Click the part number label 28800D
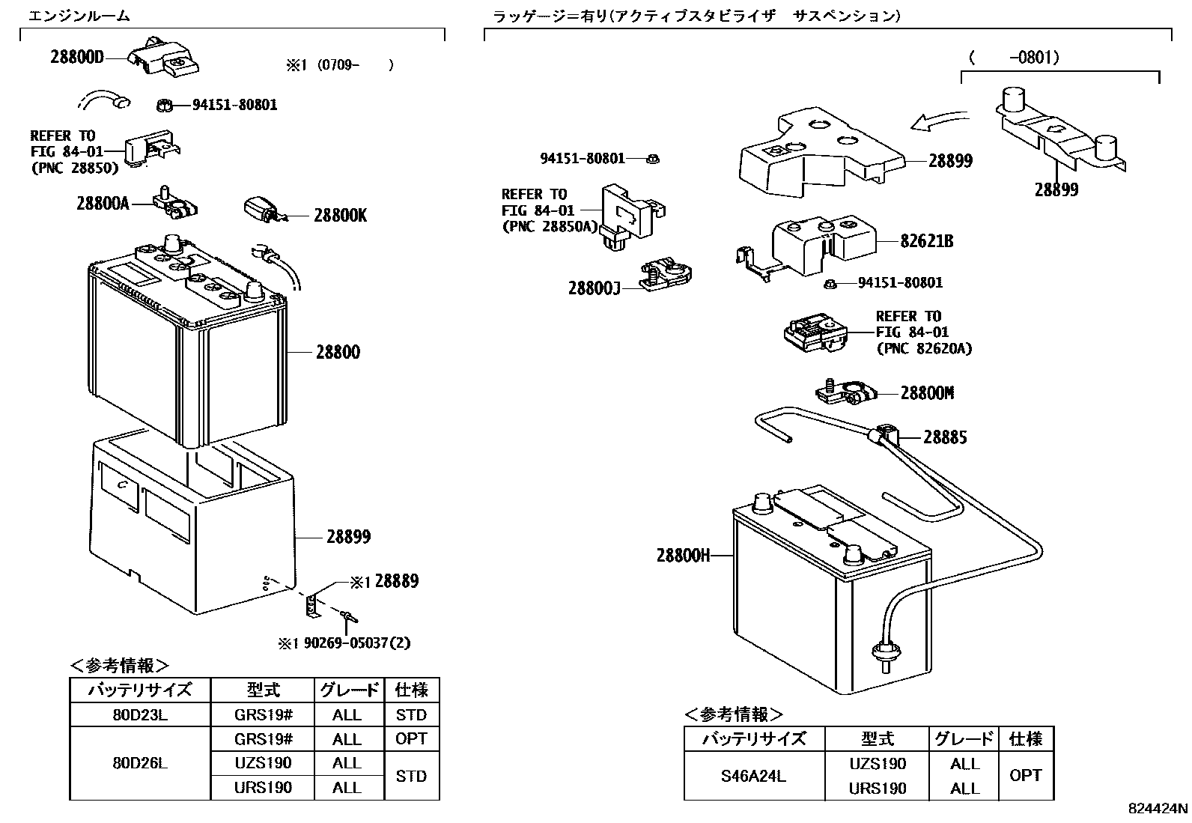pos(77,57)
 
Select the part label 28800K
pos(340,216)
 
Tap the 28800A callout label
pos(103,203)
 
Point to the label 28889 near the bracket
pos(396,581)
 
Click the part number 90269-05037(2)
pos(354,643)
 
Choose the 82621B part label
pos(927,241)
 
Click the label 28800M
pos(927,393)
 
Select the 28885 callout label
pos(944,437)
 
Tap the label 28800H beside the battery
pos(683,555)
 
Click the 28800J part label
pos(595,288)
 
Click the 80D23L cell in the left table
pos(140,714)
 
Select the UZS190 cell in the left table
pos(263,763)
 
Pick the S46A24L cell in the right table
pos(753,776)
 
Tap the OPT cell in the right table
pos(1025,776)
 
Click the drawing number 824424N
pos(1158,809)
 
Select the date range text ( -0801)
pos(1014,58)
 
